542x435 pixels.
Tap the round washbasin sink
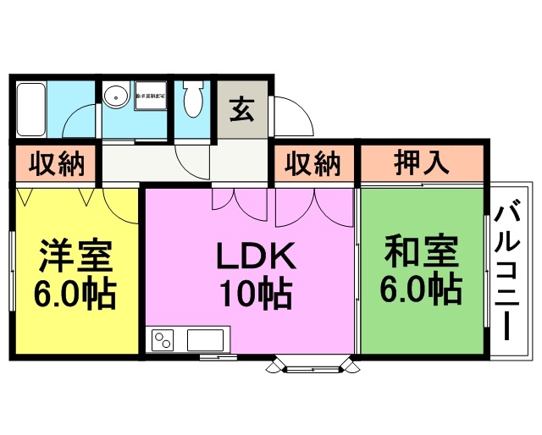pos(114,97)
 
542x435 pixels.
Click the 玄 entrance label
pos(241,110)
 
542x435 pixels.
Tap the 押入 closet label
pos(422,163)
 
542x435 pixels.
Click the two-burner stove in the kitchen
pos(163,341)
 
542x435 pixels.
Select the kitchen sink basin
pos(206,341)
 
